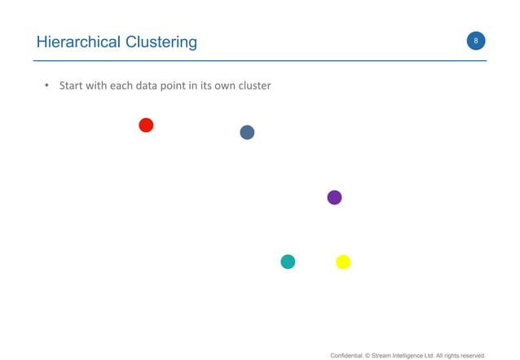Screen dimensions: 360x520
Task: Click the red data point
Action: pyautogui.click(x=146, y=125)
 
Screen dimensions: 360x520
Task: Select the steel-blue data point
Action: pyautogui.click(x=247, y=132)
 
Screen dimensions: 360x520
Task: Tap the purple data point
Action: pyautogui.click(x=334, y=197)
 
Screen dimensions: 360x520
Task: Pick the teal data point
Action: pyautogui.click(x=288, y=261)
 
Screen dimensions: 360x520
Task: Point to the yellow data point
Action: pyautogui.click(x=343, y=261)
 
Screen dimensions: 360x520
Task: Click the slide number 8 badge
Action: pyautogui.click(x=476, y=41)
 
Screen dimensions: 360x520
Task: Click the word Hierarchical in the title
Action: pyautogui.click(x=77, y=42)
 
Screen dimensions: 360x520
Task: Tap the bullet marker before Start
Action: pyautogui.click(x=47, y=86)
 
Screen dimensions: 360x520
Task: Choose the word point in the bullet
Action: pyautogui.click(x=173, y=86)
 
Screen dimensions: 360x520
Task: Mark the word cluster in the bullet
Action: pyautogui.click(x=254, y=86)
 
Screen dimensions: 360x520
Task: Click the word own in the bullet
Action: pyautogui.click(x=224, y=86)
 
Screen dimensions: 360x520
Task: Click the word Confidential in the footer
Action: pyautogui.click(x=348, y=355)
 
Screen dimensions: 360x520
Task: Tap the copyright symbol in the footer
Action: pyautogui.click(x=368, y=355)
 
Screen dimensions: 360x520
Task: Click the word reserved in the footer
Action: pyautogui.click(x=470, y=355)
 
